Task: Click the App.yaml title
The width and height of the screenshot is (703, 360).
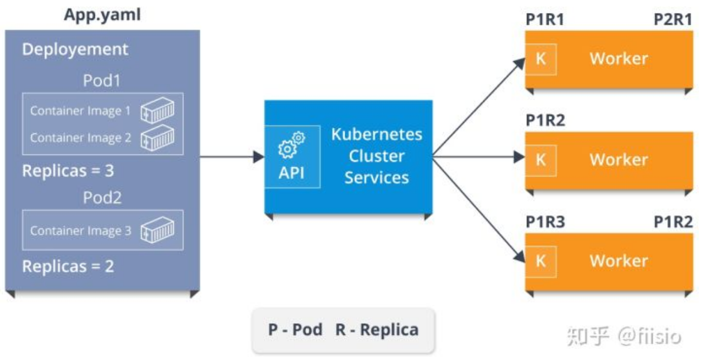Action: click(x=102, y=15)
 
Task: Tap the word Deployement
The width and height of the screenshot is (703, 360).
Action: click(x=75, y=50)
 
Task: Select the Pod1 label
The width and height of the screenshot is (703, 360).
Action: click(x=102, y=80)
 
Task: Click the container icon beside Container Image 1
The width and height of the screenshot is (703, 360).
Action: click(x=157, y=110)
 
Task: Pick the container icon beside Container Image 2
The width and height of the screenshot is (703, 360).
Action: click(x=157, y=138)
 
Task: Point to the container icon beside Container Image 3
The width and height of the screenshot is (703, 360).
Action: click(x=157, y=230)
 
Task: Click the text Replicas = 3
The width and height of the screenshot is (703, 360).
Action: click(x=68, y=171)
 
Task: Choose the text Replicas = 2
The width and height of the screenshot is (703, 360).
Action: click(x=68, y=266)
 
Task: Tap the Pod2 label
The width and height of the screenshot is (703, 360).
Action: click(x=102, y=198)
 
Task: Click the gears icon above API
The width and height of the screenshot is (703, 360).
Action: click(x=292, y=145)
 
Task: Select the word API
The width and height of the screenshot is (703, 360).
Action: click(x=292, y=173)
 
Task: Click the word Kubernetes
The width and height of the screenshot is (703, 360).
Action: click(x=377, y=134)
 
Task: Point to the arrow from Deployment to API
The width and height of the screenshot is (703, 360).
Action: click(x=232, y=156)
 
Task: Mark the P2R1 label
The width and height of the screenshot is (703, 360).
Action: click(x=673, y=19)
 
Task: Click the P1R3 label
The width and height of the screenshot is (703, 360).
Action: click(x=546, y=222)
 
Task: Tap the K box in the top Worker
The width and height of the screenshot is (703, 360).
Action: click(x=541, y=59)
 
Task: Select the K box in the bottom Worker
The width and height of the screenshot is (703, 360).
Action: click(x=541, y=261)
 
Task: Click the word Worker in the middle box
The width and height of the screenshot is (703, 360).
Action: click(x=619, y=160)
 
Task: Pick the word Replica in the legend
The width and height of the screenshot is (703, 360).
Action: click(x=390, y=330)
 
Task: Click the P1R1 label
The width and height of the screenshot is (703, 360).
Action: click(x=545, y=19)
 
